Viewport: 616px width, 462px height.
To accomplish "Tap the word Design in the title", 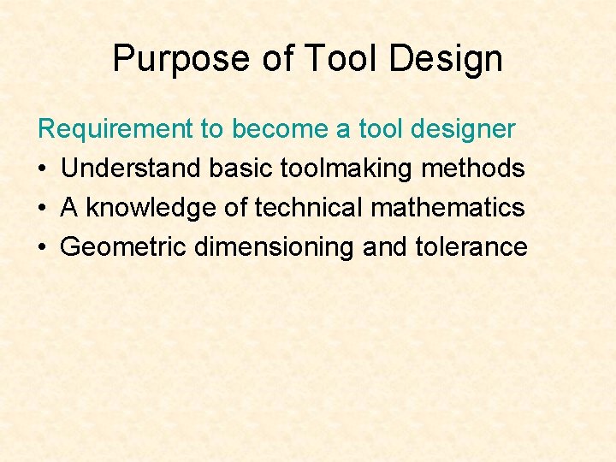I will click(445, 59).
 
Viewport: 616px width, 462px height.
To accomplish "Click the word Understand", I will click(132, 169).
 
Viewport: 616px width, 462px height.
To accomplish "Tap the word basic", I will click(241, 169).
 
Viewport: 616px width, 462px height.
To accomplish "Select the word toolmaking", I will click(346, 169).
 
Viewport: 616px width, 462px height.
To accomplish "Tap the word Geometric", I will click(123, 247).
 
